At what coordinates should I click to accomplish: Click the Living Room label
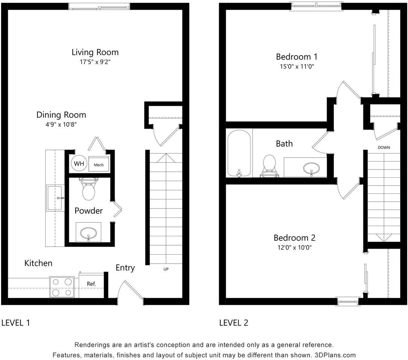(x=95, y=52)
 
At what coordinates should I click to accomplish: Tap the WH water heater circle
(x=79, y=163)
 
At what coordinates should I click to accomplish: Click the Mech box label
(x=99, y=165)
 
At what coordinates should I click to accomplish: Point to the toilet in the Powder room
(x=89, y=190)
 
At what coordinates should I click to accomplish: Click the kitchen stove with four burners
(x=62, y=287)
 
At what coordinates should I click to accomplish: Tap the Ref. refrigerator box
(x=91, y=284)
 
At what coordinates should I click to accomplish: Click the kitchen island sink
(x=55, y=198)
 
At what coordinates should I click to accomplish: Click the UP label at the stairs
(x=165, y=269)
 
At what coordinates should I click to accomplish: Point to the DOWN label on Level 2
(x=384, y=148)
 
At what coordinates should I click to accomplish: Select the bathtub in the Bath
(x=239, y=153)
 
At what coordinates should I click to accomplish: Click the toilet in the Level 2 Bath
(x=269, y=166)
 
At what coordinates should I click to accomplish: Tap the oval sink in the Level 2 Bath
(x=311, y=168)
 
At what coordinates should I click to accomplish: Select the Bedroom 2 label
(x=294, y=238)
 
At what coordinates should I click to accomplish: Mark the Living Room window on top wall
(x=99, y=6)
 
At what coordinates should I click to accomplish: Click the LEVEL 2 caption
(x=233, y=323)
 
